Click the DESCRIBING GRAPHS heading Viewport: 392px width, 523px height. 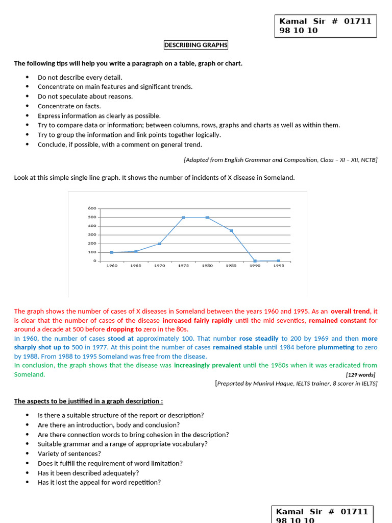point(196,45)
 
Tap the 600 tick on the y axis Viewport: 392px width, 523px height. point(92,208)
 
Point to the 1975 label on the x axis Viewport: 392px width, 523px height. point(183,266)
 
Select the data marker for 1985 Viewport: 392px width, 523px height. point(231,231)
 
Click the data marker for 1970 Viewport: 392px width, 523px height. point(160,244)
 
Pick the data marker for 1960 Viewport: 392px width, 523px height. point(112,252)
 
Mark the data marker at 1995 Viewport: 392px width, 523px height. point(279,261)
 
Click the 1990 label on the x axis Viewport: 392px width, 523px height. point(255,266)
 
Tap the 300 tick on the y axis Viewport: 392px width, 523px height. point(92,235)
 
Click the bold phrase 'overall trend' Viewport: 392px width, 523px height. point(350,311)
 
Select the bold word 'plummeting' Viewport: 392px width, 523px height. point(336,347)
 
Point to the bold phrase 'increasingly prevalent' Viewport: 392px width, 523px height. point(207,365)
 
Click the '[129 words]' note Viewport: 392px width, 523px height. point(361,375)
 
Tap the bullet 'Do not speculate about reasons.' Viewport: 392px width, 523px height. point(85,97)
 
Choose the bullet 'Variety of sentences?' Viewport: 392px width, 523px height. point(69,454)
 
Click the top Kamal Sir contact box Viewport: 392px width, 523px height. point(326,26)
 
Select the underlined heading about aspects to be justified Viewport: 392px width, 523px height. point(88,401)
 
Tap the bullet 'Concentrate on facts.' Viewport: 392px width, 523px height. point(69,106)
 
